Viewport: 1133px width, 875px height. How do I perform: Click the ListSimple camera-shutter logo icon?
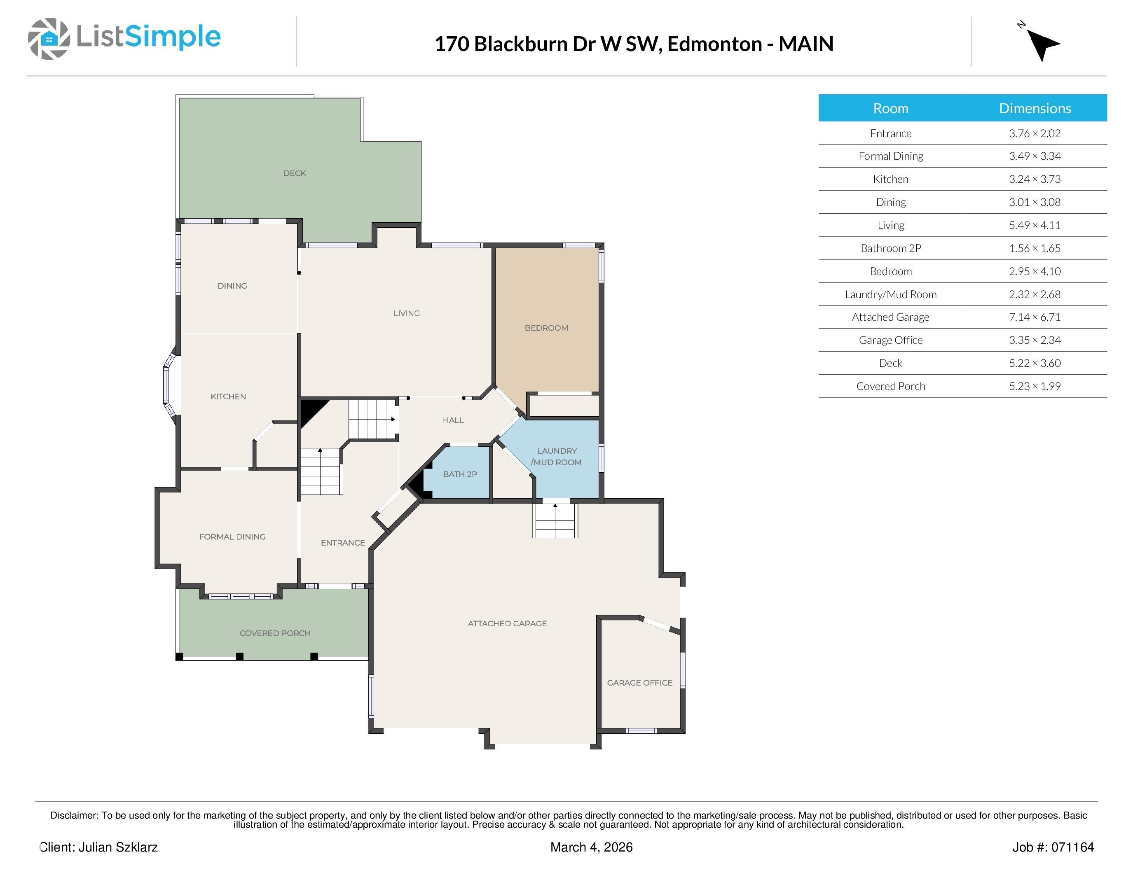coord(49,38)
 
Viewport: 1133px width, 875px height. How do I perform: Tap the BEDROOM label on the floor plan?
coord(546,328)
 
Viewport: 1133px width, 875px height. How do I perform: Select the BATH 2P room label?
coord(460,474)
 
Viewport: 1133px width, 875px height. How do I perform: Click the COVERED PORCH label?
coord(275,633)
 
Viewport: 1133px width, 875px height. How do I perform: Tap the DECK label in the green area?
coord(294,173)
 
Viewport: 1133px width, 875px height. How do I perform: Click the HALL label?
coord(453,420)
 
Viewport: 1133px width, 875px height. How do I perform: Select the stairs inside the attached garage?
coord(555,520)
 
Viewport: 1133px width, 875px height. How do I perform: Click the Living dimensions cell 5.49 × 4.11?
coord(1035,225)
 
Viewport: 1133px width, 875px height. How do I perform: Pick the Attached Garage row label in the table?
coord(890,317)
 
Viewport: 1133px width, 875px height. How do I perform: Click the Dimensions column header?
coord(1035,108)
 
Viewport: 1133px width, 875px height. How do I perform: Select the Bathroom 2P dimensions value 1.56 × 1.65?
coord(1035,248)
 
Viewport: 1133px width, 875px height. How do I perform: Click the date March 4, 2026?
coord(591,847)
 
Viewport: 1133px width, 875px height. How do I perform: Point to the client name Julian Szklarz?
coord(118,847)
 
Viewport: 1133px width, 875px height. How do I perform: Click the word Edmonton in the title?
coord(714,44)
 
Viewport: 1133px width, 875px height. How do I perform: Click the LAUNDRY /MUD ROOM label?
coord(556,457)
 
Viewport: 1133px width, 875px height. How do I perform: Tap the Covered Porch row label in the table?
coord(890,386)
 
